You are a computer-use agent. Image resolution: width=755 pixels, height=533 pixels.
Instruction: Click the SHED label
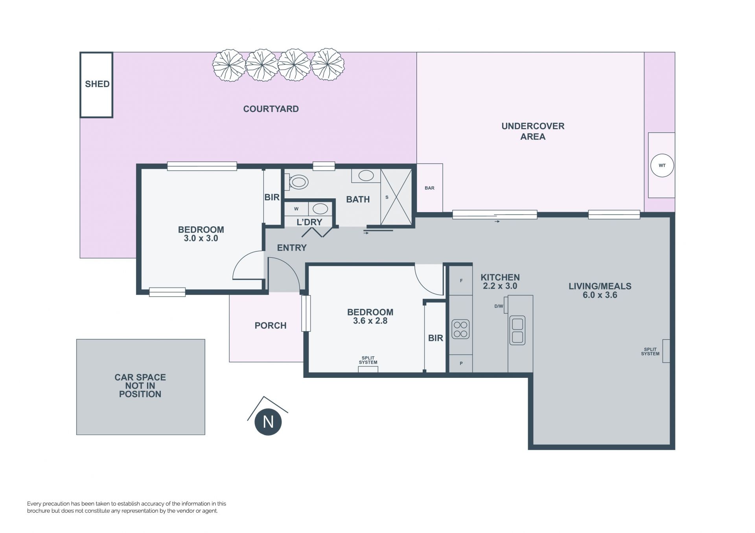(x=97, y=84)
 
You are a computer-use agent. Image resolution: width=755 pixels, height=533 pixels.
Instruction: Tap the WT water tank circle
(x=662, y=165)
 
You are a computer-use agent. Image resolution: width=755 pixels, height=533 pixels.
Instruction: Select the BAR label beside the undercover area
(x=429, y=188)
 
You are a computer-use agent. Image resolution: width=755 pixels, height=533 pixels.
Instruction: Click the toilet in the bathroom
(x=298, y=182)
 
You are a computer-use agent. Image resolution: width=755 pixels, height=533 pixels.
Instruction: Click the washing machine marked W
(x=296, y=209)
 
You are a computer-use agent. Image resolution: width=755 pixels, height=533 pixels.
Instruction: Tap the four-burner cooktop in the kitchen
(x=460, y=329)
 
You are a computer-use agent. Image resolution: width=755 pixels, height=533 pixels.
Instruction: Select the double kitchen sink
(x=517, y=330)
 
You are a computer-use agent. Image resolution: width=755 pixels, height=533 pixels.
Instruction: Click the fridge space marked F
(x=461, y=281)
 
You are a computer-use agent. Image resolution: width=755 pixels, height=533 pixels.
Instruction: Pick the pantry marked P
(x=461, y=363)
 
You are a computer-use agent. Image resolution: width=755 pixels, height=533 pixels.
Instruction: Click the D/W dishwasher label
(x=499, y=306)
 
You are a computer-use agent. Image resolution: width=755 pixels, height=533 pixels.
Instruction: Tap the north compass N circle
(x=268, y=422)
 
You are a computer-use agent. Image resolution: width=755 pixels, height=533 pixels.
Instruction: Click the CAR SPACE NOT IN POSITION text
(x=140, y=386)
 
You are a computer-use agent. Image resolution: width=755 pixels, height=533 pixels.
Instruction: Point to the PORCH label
(x=271, y=326)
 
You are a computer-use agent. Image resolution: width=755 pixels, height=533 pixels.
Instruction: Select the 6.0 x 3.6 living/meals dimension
(x=600, y=295)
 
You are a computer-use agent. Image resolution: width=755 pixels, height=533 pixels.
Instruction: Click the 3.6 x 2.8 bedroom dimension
(x=370, y=321)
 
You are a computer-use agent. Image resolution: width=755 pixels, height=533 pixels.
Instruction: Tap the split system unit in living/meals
(x=666, y=351)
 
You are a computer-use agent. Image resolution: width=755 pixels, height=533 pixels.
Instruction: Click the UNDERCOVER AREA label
(x=533, y=131)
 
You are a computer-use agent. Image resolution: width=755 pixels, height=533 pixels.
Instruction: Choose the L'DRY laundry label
(x=309, y=222)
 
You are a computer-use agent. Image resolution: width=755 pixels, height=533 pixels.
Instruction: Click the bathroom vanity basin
(x=366, y=176)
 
